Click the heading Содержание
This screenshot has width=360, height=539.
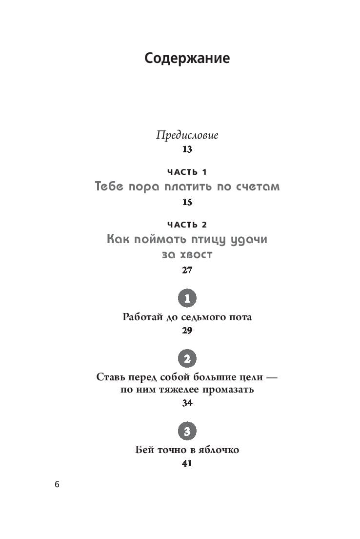tap(187, 59)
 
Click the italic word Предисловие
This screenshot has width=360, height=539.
tap(187, 136)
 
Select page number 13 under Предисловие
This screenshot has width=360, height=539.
tap(187, 149)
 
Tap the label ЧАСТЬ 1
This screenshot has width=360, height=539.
tap(187, 172)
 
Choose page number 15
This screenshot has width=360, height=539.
tap(187, 202)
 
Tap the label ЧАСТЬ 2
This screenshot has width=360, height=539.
tap(187, 225)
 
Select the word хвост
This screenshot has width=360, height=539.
tap(198, 255)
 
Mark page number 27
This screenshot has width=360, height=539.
tap(187, 270)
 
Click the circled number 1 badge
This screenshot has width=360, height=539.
tap(187, 298)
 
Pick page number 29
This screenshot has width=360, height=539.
tap(187, 331)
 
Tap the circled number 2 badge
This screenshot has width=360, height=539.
tap(187, 359)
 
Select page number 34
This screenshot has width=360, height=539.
tap(187, 403)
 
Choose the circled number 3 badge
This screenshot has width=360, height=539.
tap(187, 431)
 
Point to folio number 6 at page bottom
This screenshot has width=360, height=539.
tap(57, 485)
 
